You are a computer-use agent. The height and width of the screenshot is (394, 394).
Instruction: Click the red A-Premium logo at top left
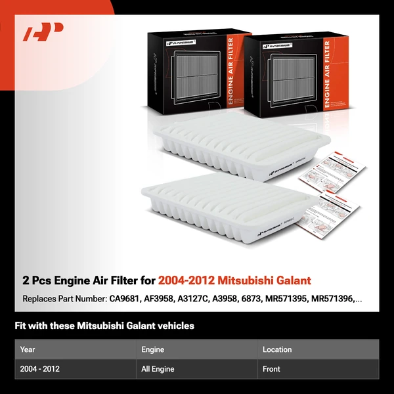(43, 32)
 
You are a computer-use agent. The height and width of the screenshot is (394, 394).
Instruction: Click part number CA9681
(129, 299)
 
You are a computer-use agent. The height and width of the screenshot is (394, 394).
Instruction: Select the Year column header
(28, 349)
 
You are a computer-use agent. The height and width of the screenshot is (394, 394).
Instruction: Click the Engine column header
(153, 349)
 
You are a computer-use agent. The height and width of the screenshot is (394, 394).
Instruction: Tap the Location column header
(277, 349)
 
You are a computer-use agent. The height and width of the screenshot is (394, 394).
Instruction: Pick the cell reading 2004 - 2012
(40, 369)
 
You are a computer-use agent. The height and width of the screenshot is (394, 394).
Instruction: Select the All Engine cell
(158, 369)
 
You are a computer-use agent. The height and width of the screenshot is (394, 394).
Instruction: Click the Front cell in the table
(272, 369)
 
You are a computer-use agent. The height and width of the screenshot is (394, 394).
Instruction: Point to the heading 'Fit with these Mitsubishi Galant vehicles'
(104, 326)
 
